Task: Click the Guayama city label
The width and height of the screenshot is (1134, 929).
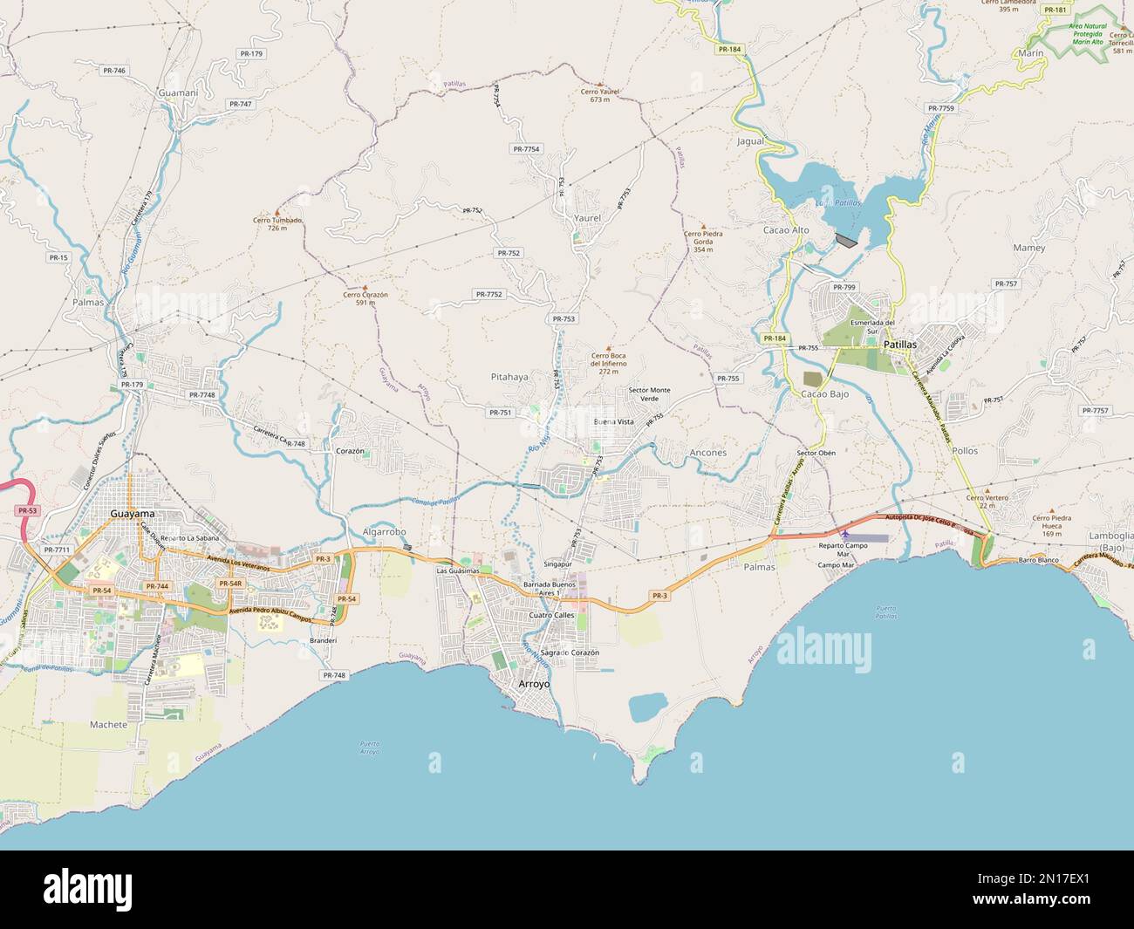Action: pos(133,514)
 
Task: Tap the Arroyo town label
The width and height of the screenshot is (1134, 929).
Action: pos(534,685)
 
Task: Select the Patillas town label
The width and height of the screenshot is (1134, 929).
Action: pos(900,345)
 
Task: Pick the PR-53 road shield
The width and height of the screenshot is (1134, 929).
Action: pos(27,509)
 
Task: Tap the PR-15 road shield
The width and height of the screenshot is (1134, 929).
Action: pos(58,257)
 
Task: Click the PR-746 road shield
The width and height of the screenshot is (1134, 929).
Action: pos(114,70)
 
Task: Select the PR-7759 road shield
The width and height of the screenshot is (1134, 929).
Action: pos(941,108)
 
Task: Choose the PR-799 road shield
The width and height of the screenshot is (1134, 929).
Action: pos(844,287)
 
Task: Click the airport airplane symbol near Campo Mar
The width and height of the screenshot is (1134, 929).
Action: pos(844,533)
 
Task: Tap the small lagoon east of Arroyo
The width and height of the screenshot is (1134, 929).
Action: pos(648,707)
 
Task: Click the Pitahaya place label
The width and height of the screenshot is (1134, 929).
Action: pos(509,377)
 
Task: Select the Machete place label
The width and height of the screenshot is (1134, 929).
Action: pos(108,724)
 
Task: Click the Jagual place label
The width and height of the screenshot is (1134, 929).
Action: pos(750,140)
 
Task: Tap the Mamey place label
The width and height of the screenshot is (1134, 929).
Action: pos(1029,248)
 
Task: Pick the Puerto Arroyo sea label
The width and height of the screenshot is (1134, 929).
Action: pos(370,747)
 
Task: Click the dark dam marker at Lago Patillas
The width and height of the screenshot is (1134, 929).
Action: pos(846,238)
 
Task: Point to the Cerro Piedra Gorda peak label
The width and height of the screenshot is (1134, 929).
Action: pos(703,237)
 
